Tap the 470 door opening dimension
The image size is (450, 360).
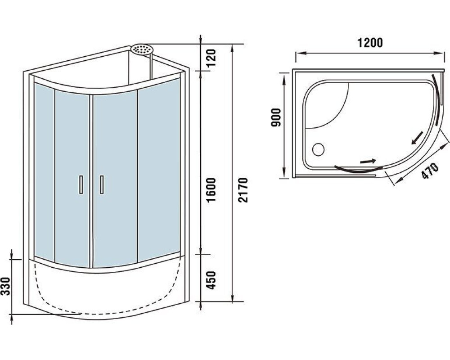pos(430,171)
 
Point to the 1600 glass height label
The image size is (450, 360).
pos(211,190)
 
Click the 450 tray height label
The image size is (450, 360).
pos(211,280)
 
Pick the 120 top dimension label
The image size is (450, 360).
pos(211,58)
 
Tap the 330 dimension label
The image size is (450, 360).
pos(6,286)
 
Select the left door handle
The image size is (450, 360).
pos(81,185)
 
